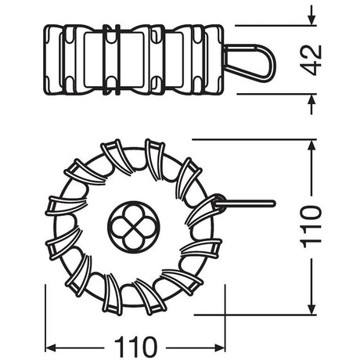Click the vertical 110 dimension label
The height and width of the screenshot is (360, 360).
pos(311,227)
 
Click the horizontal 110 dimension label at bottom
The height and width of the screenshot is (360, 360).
pos(135,347)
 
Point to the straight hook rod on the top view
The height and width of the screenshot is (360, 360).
pos(245,203)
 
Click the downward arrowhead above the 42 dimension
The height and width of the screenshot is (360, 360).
pos(311,20)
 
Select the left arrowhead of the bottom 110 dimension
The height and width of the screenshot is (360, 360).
pos(51,347)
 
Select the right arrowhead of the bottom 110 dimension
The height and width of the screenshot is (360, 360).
pos(220,347)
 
